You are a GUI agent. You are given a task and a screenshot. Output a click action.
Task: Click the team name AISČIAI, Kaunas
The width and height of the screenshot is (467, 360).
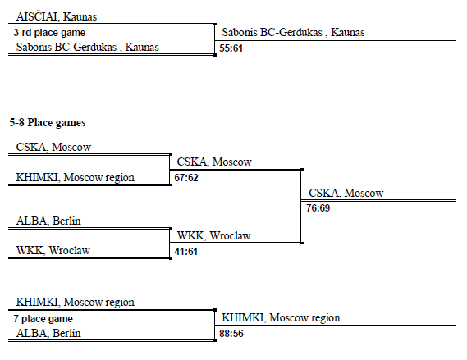tap(57, 16)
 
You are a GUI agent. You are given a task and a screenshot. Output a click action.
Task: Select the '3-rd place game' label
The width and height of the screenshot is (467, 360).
tap(49, 33)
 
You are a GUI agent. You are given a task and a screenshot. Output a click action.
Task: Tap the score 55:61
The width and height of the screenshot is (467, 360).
tap(231, 48)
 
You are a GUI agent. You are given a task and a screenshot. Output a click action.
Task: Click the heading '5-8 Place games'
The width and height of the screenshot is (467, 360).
tap(48, 122)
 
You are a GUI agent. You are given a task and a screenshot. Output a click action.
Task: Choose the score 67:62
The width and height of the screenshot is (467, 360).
tap(186, 178)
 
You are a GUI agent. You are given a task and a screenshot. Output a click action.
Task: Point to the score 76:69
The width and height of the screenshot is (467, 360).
tap(318, 208)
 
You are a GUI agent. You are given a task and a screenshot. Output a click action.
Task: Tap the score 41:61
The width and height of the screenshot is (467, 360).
tap(185, 252)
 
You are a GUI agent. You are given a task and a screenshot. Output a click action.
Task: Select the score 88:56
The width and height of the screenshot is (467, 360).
tap(231, 334)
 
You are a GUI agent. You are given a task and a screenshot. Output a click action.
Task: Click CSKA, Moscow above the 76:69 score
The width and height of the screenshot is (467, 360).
tap(346, 193)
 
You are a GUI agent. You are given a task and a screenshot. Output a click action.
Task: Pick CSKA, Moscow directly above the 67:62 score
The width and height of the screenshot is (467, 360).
tap(214, 162)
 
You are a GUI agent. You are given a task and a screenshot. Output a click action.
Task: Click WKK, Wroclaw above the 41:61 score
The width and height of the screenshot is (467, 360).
tap(214, 236)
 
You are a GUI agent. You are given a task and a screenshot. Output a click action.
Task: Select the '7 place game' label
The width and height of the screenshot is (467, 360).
tap(43, 319)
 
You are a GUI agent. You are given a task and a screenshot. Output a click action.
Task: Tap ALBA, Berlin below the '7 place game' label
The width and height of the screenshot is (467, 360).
tap(48, 333)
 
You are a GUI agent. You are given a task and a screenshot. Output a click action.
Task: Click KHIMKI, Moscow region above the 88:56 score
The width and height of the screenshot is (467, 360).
tap(281, 317)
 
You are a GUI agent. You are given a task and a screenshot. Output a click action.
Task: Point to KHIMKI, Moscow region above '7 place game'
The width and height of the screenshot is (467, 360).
tap(75, 303)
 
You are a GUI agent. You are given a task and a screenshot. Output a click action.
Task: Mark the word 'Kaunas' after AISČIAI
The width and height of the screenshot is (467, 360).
tap(80, 16)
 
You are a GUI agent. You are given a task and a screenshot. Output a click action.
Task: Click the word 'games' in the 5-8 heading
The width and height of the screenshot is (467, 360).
tap(71, 123)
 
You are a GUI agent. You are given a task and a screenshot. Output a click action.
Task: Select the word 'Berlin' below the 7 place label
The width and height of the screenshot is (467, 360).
tap(66, 333)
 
